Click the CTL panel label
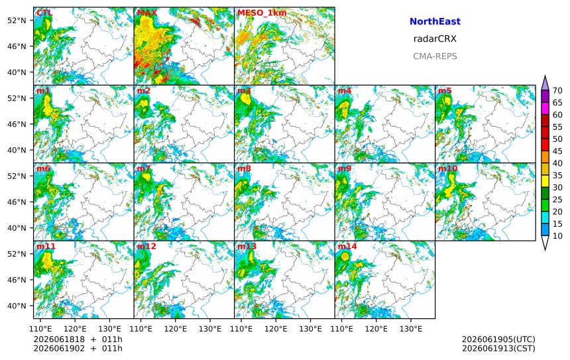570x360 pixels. point(44,13)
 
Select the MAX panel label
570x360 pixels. point(147,13)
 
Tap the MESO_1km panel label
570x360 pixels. point(262,13)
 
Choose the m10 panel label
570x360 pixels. point(447,168)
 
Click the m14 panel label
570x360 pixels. point(347,246)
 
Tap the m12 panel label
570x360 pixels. point(146,246)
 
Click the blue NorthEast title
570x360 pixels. point(435,21)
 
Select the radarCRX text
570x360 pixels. point(435,39)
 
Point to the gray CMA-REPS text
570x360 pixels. point(435,56)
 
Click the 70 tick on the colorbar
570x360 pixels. point(557,91)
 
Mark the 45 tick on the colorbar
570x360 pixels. point(557,151)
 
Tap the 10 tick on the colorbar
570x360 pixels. point(557,236)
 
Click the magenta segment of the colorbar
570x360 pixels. point(545,109)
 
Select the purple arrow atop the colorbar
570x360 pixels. point(545,84)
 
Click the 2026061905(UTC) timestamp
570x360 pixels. point(498,339)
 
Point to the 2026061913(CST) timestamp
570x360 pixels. point(498,348)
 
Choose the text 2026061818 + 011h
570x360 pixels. point(78,339)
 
